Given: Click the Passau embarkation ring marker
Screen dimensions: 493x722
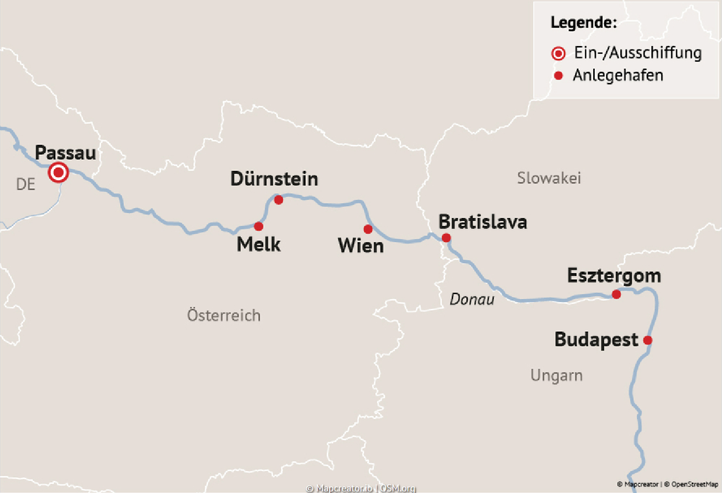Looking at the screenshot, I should pyautogui.click(x=58, y=173).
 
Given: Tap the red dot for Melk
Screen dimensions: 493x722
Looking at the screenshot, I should pyautogui.click(x=259, y=226).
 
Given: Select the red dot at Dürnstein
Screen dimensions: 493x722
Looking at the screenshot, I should pyautogui.click(x=279, y=200).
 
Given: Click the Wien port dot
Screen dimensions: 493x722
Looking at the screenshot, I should pyautogui.click(x=368, y=229).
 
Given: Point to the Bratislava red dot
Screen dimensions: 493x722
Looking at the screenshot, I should pyautogui.click(x=446, y=238).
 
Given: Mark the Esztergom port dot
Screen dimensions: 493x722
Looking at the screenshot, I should pyautogui.click(x=616, y=294).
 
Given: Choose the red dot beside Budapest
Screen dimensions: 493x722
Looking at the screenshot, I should pyautogui.click(x=647, y=340).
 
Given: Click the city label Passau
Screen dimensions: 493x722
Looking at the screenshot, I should pyautogui.click(x=65, y=153).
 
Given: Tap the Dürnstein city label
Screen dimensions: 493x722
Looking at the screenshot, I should pyautogui.click(x=274, y=179).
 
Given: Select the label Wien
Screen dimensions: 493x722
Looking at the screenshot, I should pyautogui.click(x=360, y=246).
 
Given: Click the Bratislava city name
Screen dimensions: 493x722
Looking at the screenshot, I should pyautogui.click(x=482, y=222).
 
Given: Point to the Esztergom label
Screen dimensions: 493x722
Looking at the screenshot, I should pyautogui.click(x=614, y=276).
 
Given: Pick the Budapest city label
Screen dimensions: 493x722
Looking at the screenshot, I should pyautogui.click(x=596, y=340).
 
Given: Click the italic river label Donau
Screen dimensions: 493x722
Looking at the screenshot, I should pyautogui.click(x=472, y=299).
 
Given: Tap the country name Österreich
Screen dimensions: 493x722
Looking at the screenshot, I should pyautogui.click(x=224, y=315).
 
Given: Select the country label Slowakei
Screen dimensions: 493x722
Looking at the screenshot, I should pyautogui.click(x=549, y=178).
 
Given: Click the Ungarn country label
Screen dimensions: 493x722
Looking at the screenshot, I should pyautogui.click(x=556, y=375).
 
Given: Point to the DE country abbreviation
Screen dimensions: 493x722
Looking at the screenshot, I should pyautogui.click(x=25, y=185).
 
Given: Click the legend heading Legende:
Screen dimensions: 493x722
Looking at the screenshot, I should pyautogui.click(x=583, y=23).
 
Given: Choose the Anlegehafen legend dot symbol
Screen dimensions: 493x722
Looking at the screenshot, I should pyautogui.click(x=559, y=75).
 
